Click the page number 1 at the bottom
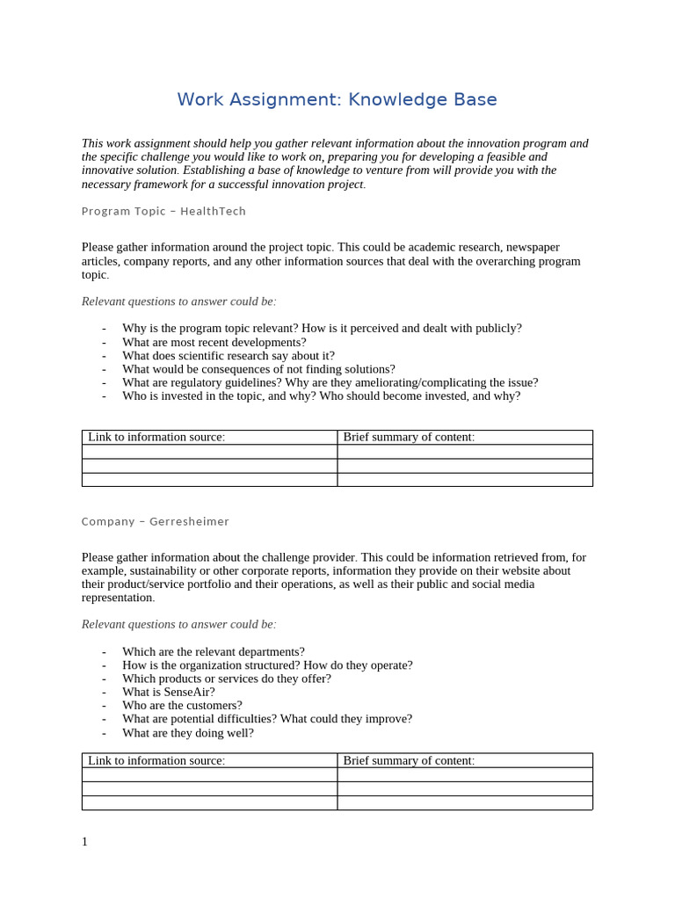tap(85, 842)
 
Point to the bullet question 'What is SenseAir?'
tap(168, 692)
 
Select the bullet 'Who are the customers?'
tap(182, 705)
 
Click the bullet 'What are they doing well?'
tap(187, 732)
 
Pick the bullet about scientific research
tap(228, 356)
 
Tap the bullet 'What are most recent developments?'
tap(214, 342)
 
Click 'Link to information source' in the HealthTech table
tap(156, 437)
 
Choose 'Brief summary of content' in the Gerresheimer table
tap(408, 760)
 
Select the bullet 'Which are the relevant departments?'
tap(213, 651)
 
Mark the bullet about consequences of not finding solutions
tap(258, 369)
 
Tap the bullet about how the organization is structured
tap(266, 665)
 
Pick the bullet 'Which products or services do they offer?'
tap(226, 679)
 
